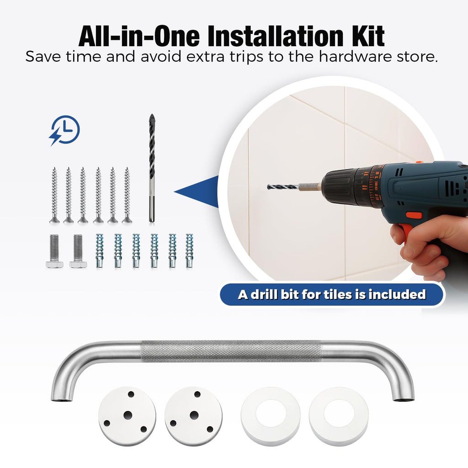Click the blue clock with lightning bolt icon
(x=65, y=130)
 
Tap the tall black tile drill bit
(x=152, y=168)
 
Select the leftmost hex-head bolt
(x=54, y=251)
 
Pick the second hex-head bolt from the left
(x=78, y=251)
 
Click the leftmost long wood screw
(x=54, y=195)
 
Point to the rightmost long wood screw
(x=127, y=195)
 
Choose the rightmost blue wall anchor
(x=190, y=250)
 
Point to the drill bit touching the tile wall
(x=294, y=187)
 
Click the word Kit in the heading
(x=370, y=37)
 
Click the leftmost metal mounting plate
(x=127, y=416)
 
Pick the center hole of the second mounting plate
(x=194, y=415)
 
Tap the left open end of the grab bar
(x=62, y=399)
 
